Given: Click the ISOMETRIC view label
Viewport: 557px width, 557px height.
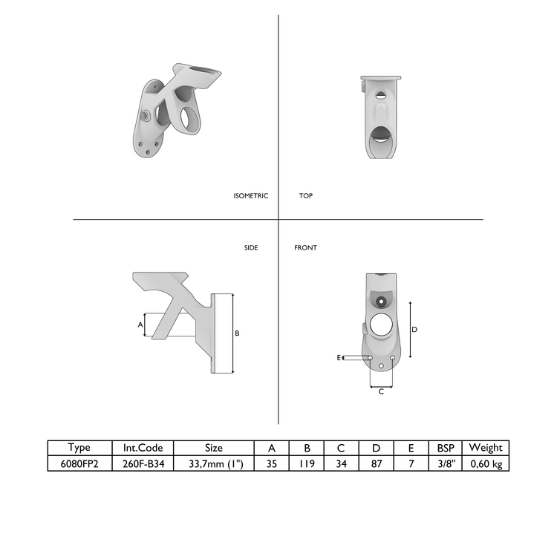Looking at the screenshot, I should coord(250,196).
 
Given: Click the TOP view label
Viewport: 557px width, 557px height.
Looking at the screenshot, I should coord(305,196).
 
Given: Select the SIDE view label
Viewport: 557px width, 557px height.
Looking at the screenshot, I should coord(251,247).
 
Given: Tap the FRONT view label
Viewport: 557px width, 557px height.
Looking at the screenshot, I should coord(305,247).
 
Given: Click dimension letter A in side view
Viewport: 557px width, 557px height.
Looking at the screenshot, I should coord(140,325).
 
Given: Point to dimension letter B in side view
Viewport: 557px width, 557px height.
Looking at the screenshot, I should coord(237,333).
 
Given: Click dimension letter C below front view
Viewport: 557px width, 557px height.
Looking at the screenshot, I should coord(381,391).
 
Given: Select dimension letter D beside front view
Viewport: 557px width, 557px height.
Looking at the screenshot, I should coord(415,328).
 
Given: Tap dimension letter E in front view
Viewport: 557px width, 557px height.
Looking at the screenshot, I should coord(339,358).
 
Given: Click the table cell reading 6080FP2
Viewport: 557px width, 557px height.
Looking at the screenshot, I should coord(79,463).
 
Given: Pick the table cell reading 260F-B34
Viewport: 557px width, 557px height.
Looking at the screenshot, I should coord(143,463).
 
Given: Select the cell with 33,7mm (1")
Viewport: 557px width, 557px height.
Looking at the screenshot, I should coord(214,463).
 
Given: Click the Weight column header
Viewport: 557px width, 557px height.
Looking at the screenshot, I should coord(486,448).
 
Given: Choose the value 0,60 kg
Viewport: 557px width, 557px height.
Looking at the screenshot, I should coord(486,463).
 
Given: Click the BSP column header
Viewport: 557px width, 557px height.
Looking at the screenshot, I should coord(445,448).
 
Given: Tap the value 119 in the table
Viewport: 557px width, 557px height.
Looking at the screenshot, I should coord(307,463).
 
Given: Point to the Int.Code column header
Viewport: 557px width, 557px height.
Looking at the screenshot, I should coord(143,448).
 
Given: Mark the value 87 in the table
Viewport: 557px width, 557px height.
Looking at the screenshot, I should coord(376,463).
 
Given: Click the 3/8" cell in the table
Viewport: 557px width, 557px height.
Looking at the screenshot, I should coord(445,463).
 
